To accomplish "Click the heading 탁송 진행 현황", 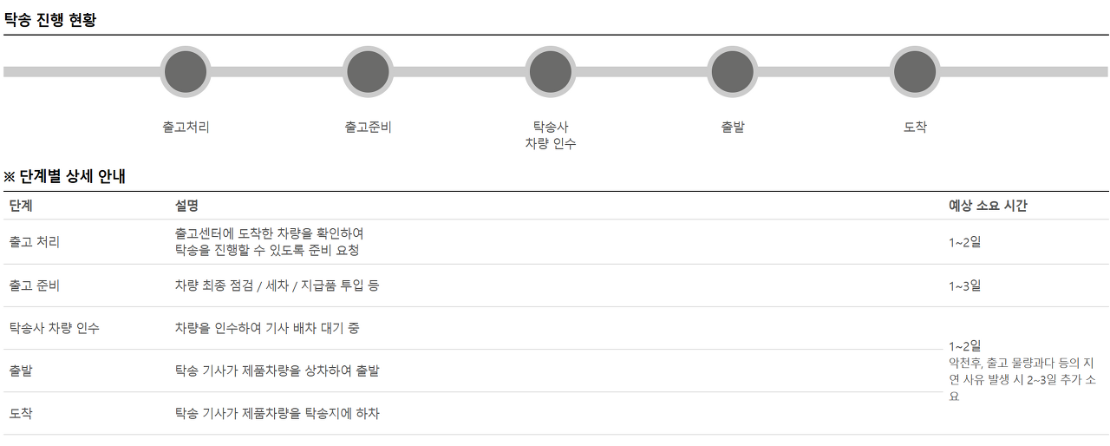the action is coord(50,20).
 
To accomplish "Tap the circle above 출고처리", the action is coord(186,72).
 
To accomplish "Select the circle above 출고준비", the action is coord(368,72).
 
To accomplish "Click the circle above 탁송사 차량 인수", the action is coord(550,72).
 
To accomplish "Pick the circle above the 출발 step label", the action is coord(732,72).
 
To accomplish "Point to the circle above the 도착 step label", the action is coord(914,72).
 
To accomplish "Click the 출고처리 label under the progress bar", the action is coord(186,127).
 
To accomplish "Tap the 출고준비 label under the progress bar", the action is coord(368,127).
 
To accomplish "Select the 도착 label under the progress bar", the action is coord(915,127).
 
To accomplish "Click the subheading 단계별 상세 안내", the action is coord(65,177).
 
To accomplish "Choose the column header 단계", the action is coord(21,206).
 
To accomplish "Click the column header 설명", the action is coord(186,206).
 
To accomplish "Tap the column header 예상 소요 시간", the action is coord(989,206).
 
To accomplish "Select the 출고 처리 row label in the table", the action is coord(35,242).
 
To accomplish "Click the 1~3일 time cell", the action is coord(964,285).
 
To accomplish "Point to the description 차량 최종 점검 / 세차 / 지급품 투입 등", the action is coord(277,285).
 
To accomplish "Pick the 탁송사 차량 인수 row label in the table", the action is coord(55,328).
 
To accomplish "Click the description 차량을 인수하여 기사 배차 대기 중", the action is coord(267,328).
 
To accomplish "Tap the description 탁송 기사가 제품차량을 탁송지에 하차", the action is coord(277,413).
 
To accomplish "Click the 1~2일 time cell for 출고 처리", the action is coord(964,242).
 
